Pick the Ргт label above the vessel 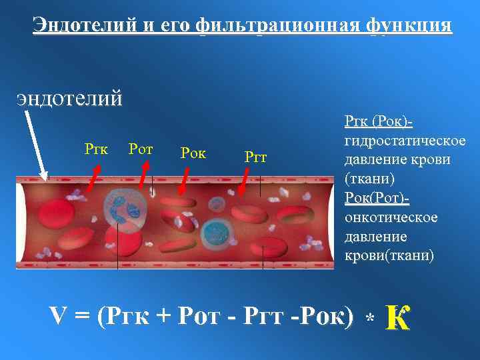pos(256,158)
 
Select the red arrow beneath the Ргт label pos(245,179)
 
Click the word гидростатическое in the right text pos(405,142)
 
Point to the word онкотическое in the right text pos(391,219)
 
